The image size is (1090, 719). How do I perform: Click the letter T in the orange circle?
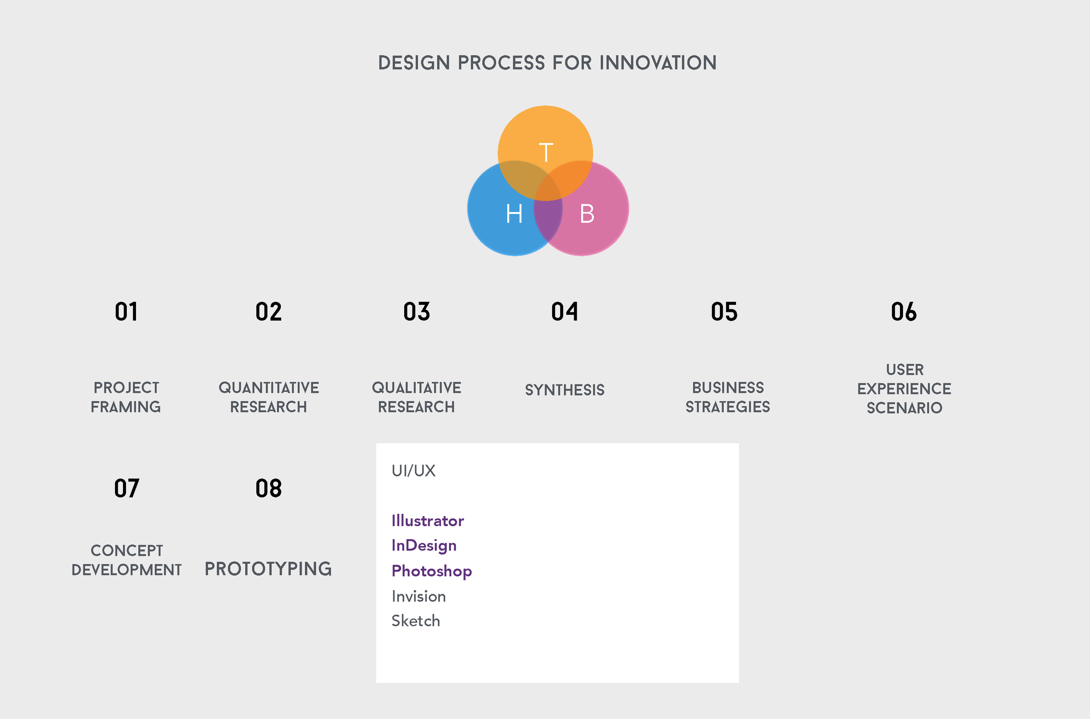[546, 152]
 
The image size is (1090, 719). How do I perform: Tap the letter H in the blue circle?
[514, 214]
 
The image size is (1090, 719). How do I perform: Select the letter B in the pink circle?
[587, 214]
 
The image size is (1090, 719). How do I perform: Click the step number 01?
[126, 312]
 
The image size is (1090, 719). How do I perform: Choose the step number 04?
[565, 312]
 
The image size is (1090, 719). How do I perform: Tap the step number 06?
[903, 312]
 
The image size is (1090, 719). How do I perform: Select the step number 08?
[269, 488]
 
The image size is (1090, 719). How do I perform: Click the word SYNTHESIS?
[565, 390]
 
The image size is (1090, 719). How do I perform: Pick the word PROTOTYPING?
[268, 569]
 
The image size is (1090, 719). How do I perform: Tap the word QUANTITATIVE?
[269, 388]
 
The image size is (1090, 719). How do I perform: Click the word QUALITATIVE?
[416, 388]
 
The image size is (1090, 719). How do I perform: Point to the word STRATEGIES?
[728, 407]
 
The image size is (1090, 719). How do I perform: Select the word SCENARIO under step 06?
[904, 407]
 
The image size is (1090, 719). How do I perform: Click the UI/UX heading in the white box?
[413, 470]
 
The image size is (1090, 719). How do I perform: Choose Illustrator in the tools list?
[427, 521]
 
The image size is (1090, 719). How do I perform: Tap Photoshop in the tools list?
[432, 572]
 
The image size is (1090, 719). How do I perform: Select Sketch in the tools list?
[416, 621]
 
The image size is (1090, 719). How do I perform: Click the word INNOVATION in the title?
[658, 63]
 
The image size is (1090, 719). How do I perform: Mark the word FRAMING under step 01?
[126, 407]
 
